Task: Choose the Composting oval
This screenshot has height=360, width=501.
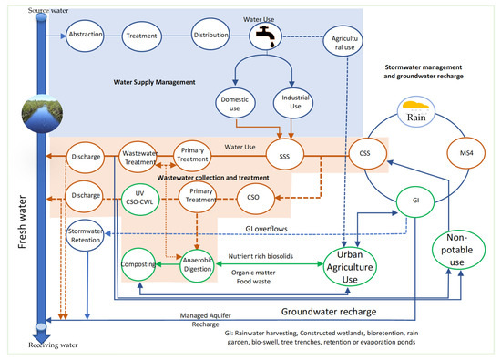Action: click(x=136, y=263)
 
